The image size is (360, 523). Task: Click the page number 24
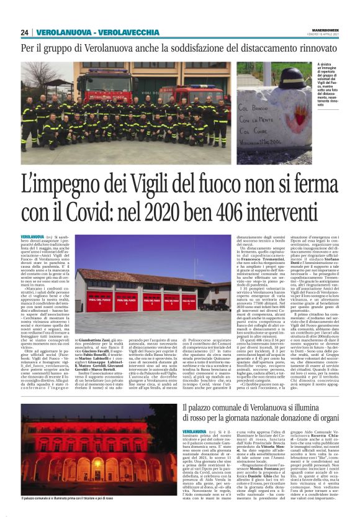tap(25, 33)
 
